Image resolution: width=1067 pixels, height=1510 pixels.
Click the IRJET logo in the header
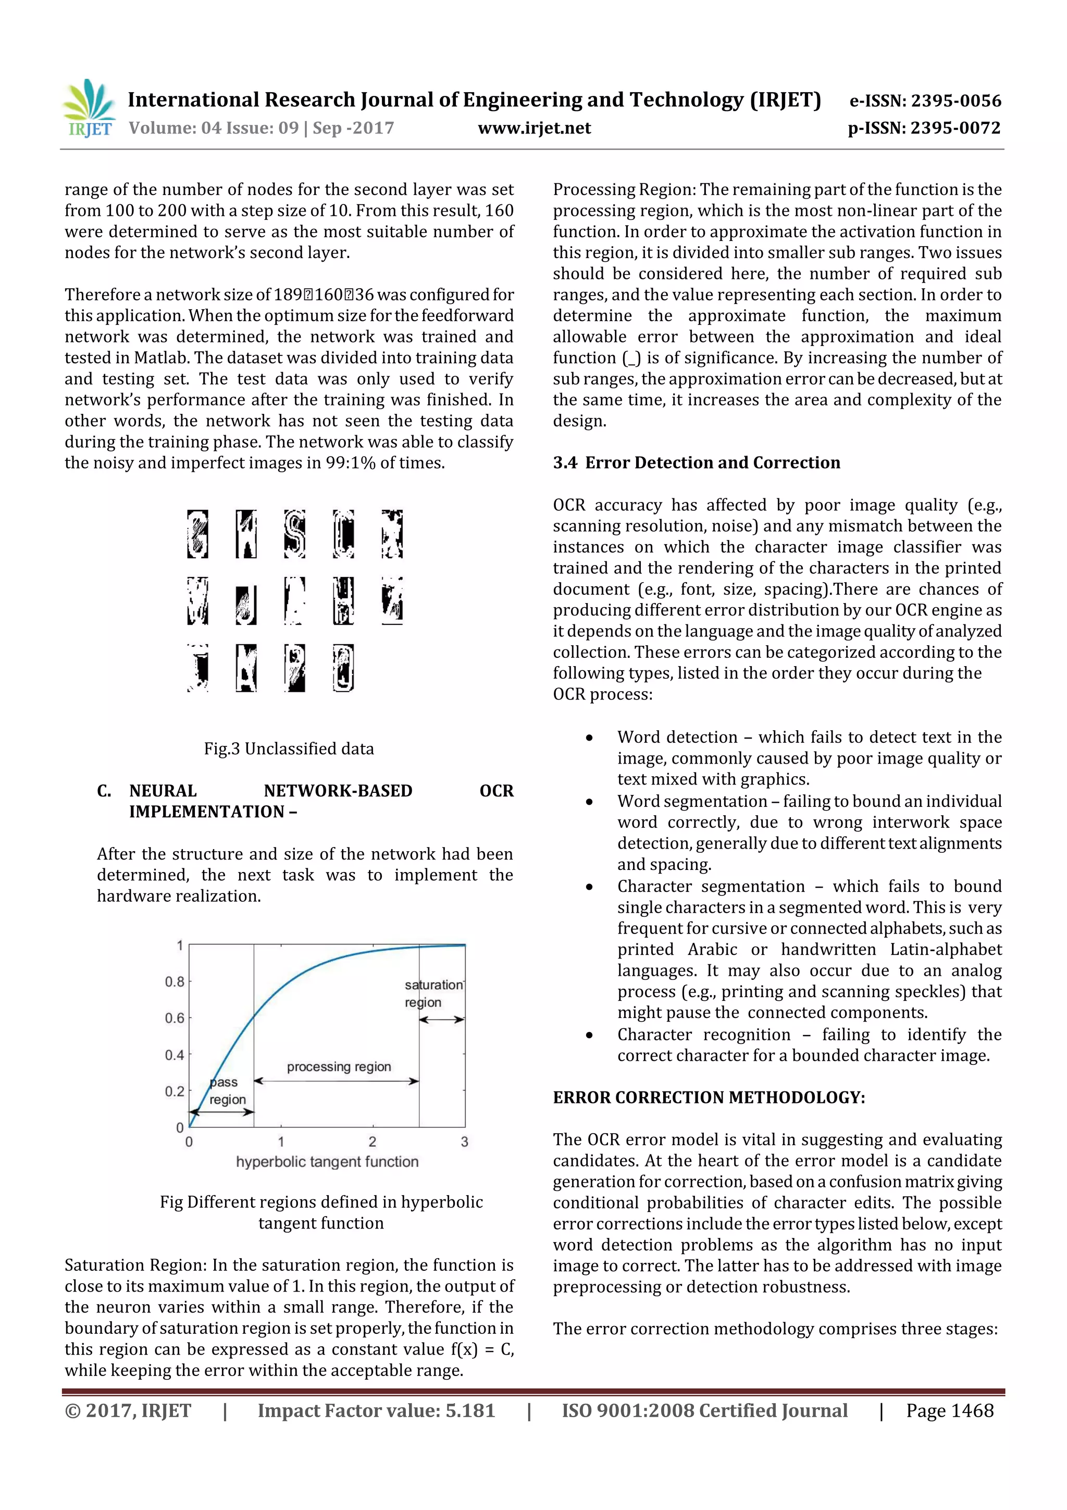(89, 109)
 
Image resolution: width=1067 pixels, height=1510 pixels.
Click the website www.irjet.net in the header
(534, 128)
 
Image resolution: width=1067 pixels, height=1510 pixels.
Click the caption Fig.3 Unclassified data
(289, 748)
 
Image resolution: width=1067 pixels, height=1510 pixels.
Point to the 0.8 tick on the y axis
(174, 982)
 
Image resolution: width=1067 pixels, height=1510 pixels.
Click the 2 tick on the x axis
(372, 1141)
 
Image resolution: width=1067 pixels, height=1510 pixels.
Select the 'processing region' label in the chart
(339, 1067)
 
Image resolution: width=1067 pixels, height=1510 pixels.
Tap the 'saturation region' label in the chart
(432, 993)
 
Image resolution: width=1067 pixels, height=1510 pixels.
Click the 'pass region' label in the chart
(227, 1090)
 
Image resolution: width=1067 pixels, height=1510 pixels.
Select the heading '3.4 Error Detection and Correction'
(696, 463)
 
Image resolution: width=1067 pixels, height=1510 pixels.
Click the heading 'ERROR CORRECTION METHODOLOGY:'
(708, 1098)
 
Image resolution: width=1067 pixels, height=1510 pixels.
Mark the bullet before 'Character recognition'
(589, 1035)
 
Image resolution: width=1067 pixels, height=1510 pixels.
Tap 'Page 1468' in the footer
(949, 1410)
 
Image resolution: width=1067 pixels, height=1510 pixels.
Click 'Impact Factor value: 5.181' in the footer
(376, 1410)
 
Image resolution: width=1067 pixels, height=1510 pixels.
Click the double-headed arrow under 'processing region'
(336, 1081)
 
